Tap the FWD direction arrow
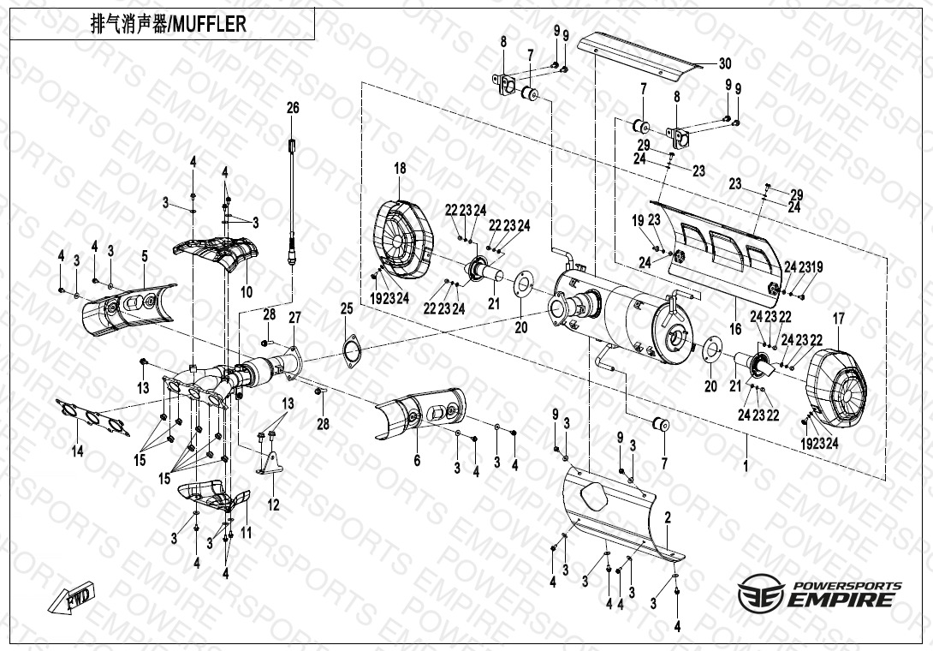pos(75,597)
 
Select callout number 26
pos(293,108)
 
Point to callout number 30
pos(724,63)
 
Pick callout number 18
pos(400,168)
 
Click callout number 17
pos(838,319)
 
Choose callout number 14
pos(78,451)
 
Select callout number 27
pos(294,318)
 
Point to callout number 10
pos(247,292)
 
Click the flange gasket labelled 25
pos(351,351)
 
